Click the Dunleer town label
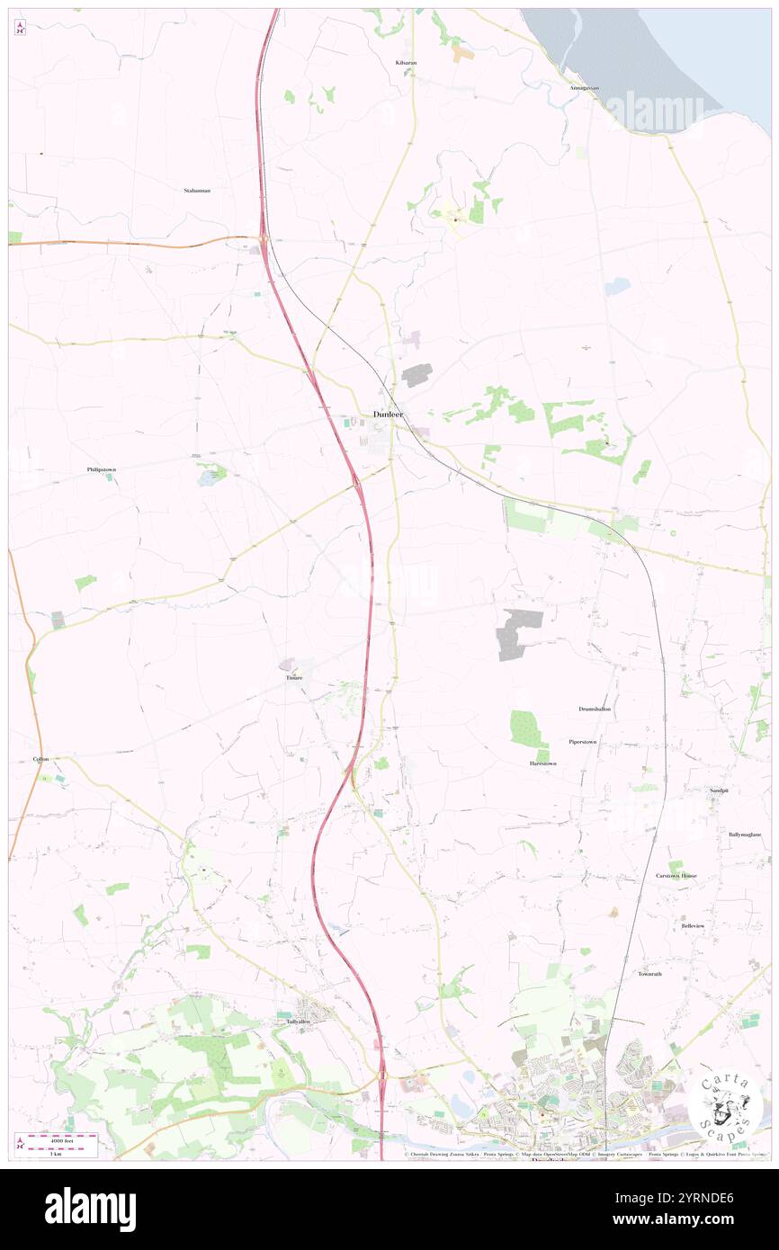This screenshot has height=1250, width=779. click(x=389, y=414)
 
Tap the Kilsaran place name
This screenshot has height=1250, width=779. click(x=407, y=63)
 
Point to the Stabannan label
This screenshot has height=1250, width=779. click(x=197, y=191)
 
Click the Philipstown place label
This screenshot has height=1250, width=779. click(x=102, y=469)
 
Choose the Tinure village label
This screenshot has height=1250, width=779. click(x=294, y=676)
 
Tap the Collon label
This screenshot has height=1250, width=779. click(x=40, y=759)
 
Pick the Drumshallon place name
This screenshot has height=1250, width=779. click(x=595, y=709)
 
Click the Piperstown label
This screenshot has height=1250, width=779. click(x=583, y=741)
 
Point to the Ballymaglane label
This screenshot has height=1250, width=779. click(x=745, y=835)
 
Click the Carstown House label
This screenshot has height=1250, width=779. click(x=676, y=875)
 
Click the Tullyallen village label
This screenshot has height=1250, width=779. click(x=298, y=1022)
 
